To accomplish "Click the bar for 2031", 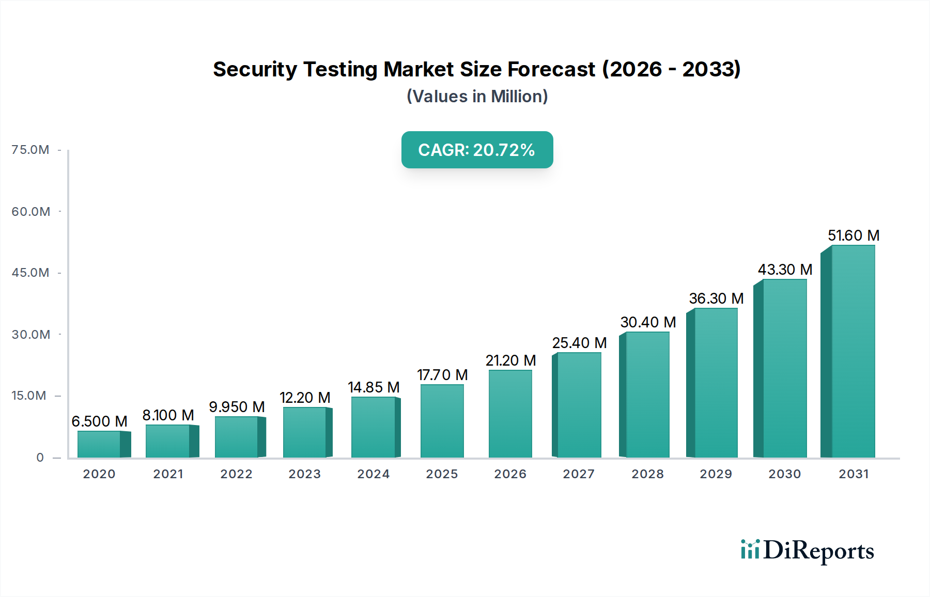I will [x=853, y=351].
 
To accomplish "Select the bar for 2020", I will [x=99, y=444].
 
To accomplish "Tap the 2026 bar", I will [x=510, y=414].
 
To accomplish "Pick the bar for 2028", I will [x=647, y=395].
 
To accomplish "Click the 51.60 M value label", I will [x=854, y=235].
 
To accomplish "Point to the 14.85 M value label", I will [x=374, y=387].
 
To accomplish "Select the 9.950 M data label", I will [x=237, y=407].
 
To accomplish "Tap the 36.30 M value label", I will [x=716, y=298].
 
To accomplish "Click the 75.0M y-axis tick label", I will [x=30, y=150].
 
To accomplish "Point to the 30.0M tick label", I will [x=31, y=335].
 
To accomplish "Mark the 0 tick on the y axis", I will [x=40, y=458].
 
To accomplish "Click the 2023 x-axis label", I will [x=305, y=474].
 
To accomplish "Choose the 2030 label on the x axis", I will [x=784, y=474].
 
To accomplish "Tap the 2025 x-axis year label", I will [x=442, y=474].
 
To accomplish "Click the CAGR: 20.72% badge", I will [x=477, y=150].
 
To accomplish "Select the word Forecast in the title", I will [x=551, y=69].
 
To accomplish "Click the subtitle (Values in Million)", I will [x=477, y=97].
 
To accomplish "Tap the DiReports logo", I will [x=807, y=551].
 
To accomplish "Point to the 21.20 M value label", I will [x=510, y=360].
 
